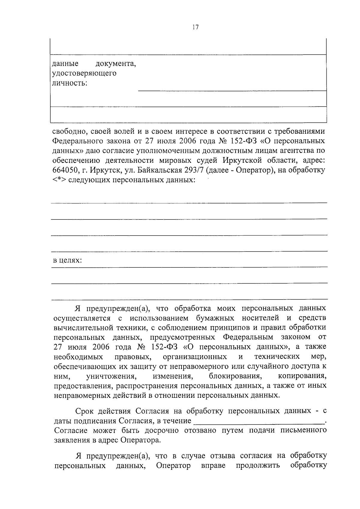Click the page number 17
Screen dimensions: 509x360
pos(195,27)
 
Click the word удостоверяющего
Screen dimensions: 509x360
pos(84,73)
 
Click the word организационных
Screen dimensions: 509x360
pos(195,356)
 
